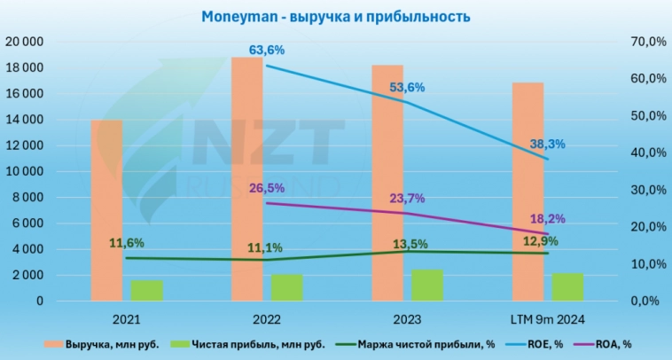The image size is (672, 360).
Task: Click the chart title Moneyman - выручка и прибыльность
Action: (335, 17)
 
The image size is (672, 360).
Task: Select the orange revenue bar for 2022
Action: (247, 177)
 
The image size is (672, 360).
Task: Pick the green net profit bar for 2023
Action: (427, 286)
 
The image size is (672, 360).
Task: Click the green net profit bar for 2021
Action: (147, 291)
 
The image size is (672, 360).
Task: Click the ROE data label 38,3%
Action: (547, 144)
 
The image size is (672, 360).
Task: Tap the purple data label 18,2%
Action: (547, 218)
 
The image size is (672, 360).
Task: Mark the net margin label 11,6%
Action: (127, 242)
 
